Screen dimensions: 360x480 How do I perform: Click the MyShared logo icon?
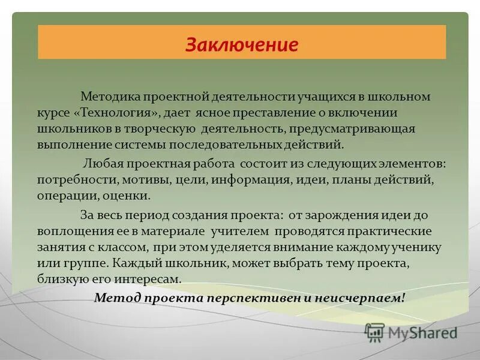point(375,331)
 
